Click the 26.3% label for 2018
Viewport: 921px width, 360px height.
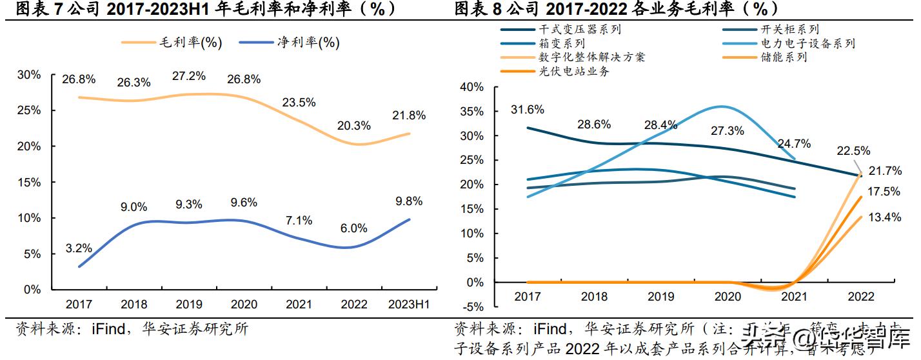click(x=134, y=83)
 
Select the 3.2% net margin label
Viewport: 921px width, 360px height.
click(x=79, y=248)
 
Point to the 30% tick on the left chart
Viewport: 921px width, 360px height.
click(x=29, y=75)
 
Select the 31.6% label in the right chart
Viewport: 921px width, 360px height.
click(x=528, y=110)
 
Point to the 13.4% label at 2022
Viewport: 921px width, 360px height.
click(x=885, y=217)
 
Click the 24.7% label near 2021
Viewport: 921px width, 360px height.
click(x=795, y=143)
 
